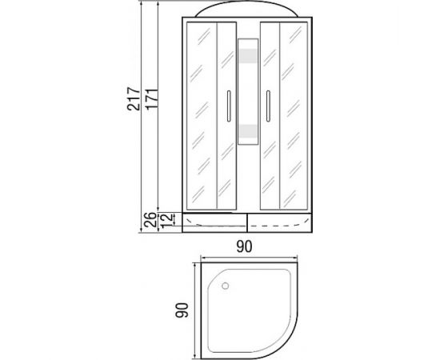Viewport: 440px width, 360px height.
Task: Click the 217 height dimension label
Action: tap(133, 99)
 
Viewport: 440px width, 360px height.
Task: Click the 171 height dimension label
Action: tap(152, 99)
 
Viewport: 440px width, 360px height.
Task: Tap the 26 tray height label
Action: tap(150, 219)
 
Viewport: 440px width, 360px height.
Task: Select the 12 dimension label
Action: tap(166, 220)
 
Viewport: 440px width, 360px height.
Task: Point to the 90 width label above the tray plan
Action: tap(245, 246)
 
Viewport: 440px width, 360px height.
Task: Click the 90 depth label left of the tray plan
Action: tap(182, 310)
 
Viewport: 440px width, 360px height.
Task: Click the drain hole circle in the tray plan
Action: tap(225, 286)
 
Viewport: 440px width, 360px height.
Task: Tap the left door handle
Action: tap(229, 106)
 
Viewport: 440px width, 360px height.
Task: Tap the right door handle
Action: tap(268, 106)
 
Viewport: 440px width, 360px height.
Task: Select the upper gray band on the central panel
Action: tap(248, 56)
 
